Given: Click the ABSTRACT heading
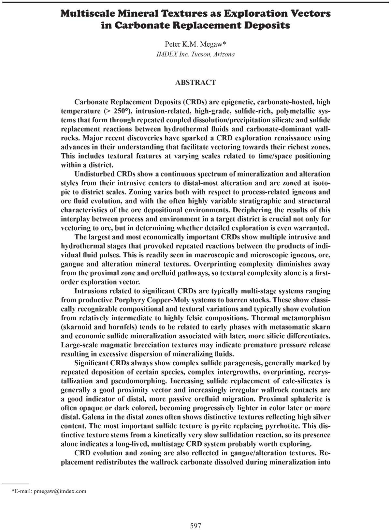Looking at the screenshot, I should pos(195,83).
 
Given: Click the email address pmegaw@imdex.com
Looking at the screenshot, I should pos(60,491).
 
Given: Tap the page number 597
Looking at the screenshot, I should pos(195,525).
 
